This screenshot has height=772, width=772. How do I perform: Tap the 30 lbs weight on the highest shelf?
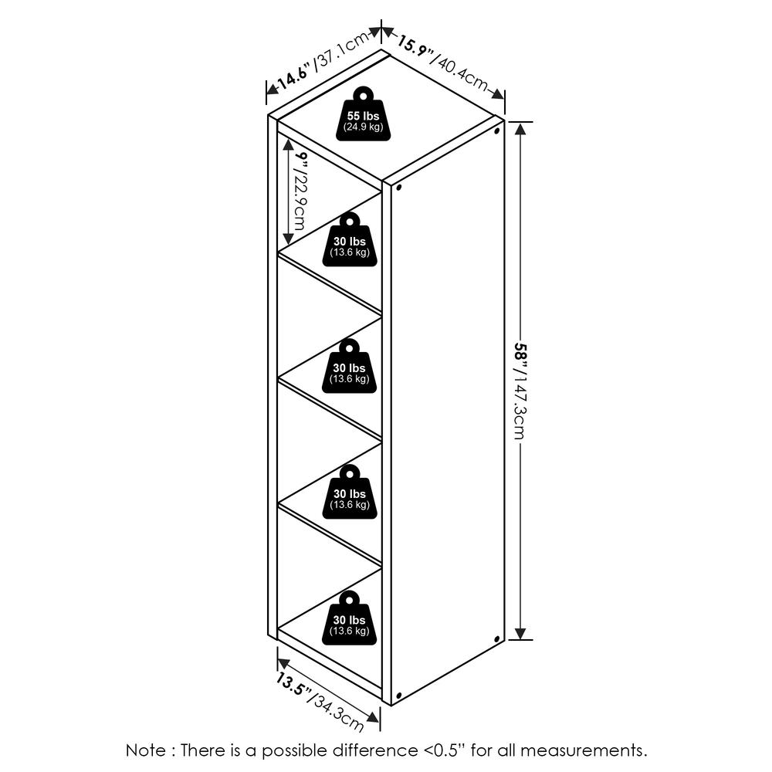[350, 239]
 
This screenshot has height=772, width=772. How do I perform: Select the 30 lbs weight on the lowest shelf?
[350, 618]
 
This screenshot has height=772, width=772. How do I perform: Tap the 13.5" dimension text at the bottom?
[293, 683]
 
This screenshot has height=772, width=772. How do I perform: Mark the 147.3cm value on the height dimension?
[520, 410]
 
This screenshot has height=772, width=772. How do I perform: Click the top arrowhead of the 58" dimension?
[520, 128]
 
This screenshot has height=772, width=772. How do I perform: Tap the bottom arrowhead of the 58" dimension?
[520, 633]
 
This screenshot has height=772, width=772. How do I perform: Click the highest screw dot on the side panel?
[496, 131]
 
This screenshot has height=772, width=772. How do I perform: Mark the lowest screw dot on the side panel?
[398, 696]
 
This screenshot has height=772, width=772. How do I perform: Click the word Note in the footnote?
[146, 750]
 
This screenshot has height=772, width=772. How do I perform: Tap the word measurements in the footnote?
[584, 750]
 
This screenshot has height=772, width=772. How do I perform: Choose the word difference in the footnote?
[374, 750]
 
